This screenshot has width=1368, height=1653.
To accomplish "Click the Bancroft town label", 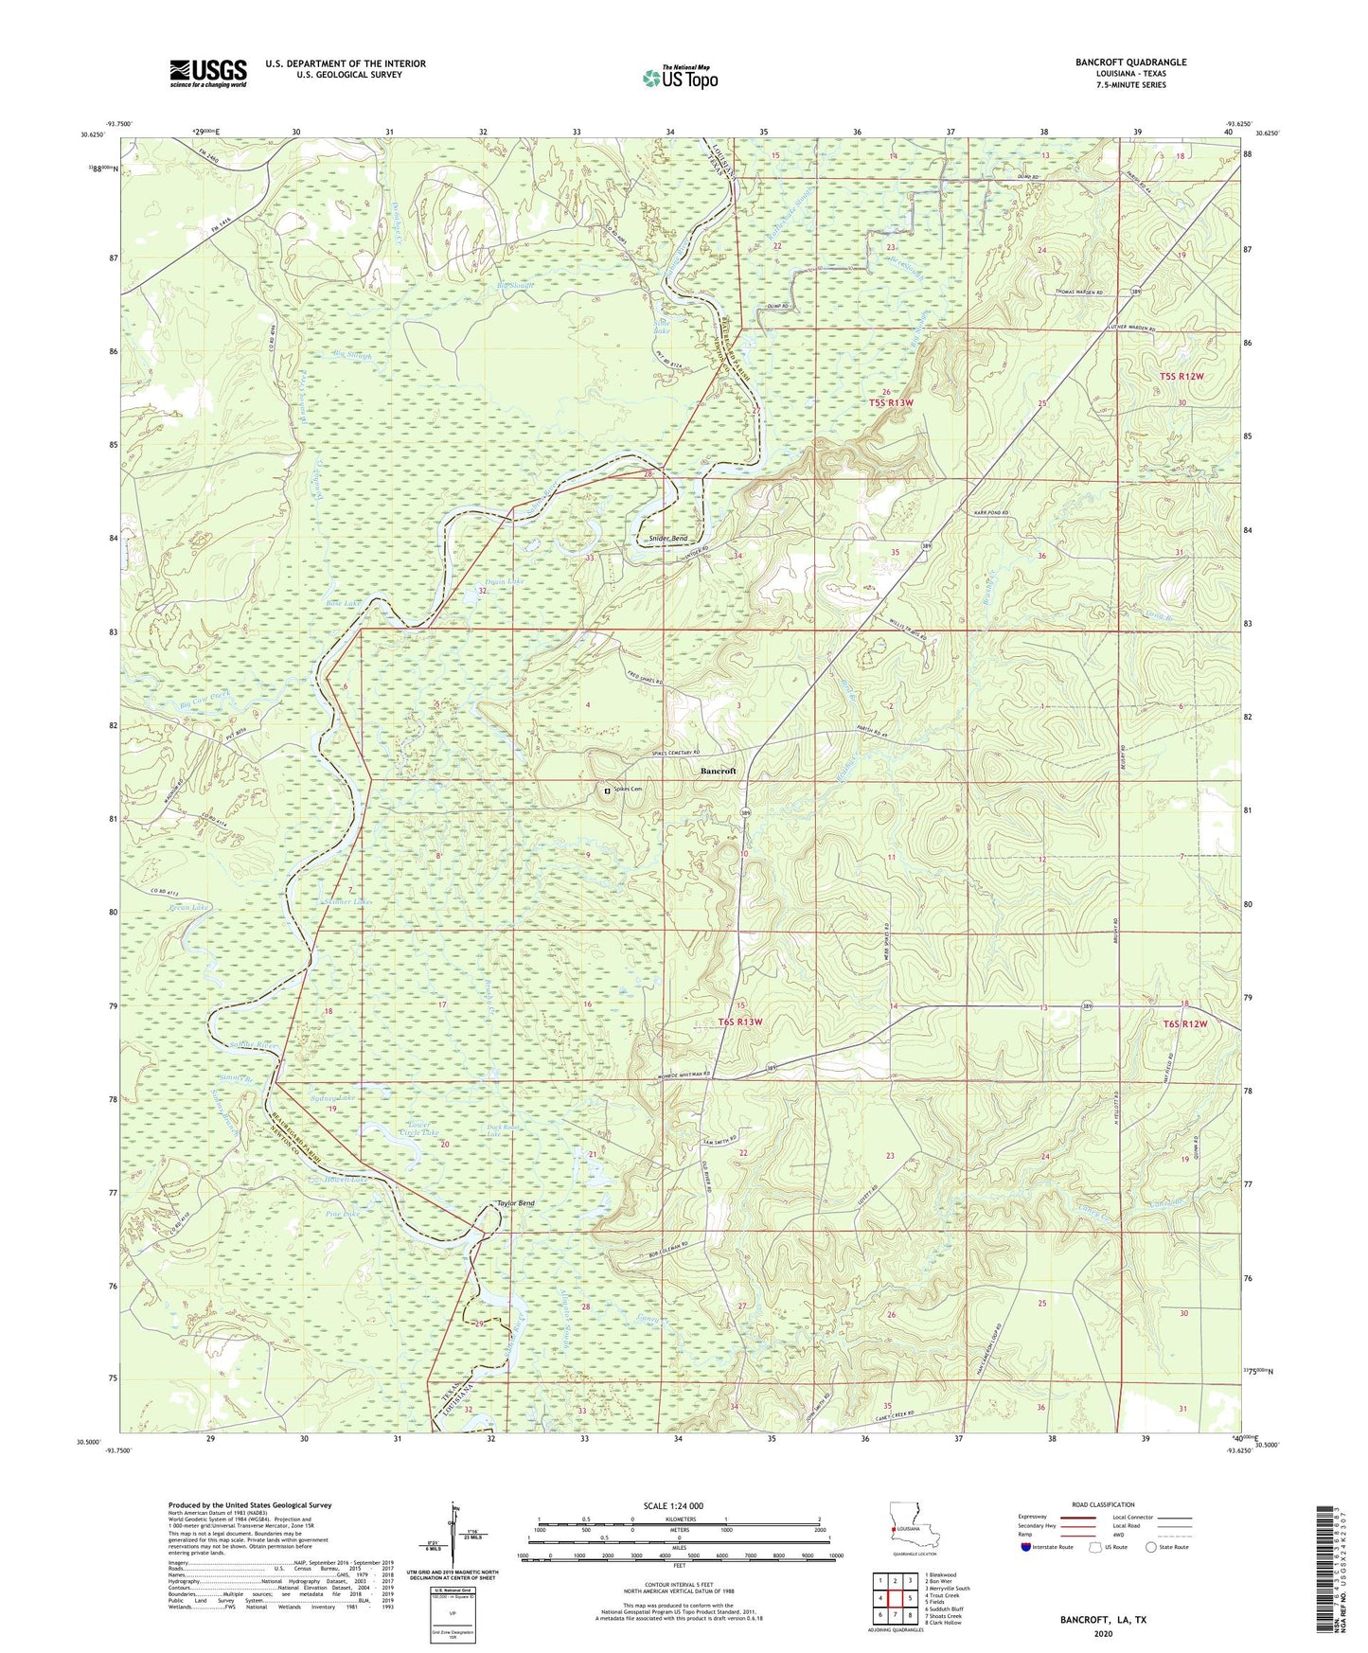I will [718, 771].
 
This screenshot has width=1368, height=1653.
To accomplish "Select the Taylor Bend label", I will [516, 1202].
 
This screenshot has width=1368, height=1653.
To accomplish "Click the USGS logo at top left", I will [208, 73].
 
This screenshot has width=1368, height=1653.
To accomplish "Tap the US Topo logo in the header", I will [680, 78].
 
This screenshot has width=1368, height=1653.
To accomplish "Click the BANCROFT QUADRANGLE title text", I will [1130, 62].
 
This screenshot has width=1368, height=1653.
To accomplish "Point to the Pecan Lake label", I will [187, 907].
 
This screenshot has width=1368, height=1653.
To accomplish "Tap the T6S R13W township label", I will [740, 1022].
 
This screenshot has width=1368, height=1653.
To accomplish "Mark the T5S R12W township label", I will [1182, 377].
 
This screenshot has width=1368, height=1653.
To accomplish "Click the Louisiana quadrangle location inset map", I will [914, 1525].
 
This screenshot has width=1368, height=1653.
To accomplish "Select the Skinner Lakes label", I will [351, 902].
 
